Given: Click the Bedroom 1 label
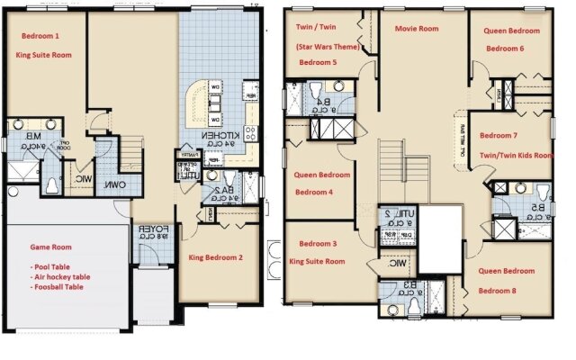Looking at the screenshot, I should coord(40,37).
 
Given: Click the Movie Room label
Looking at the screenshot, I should coord(416,29).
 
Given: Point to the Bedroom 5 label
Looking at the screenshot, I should coord(318,63).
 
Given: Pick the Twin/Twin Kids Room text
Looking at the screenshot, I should coord(516,155).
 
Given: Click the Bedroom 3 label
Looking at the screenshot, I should coord(318,244).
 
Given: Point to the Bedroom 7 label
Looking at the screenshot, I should coord(499,136).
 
